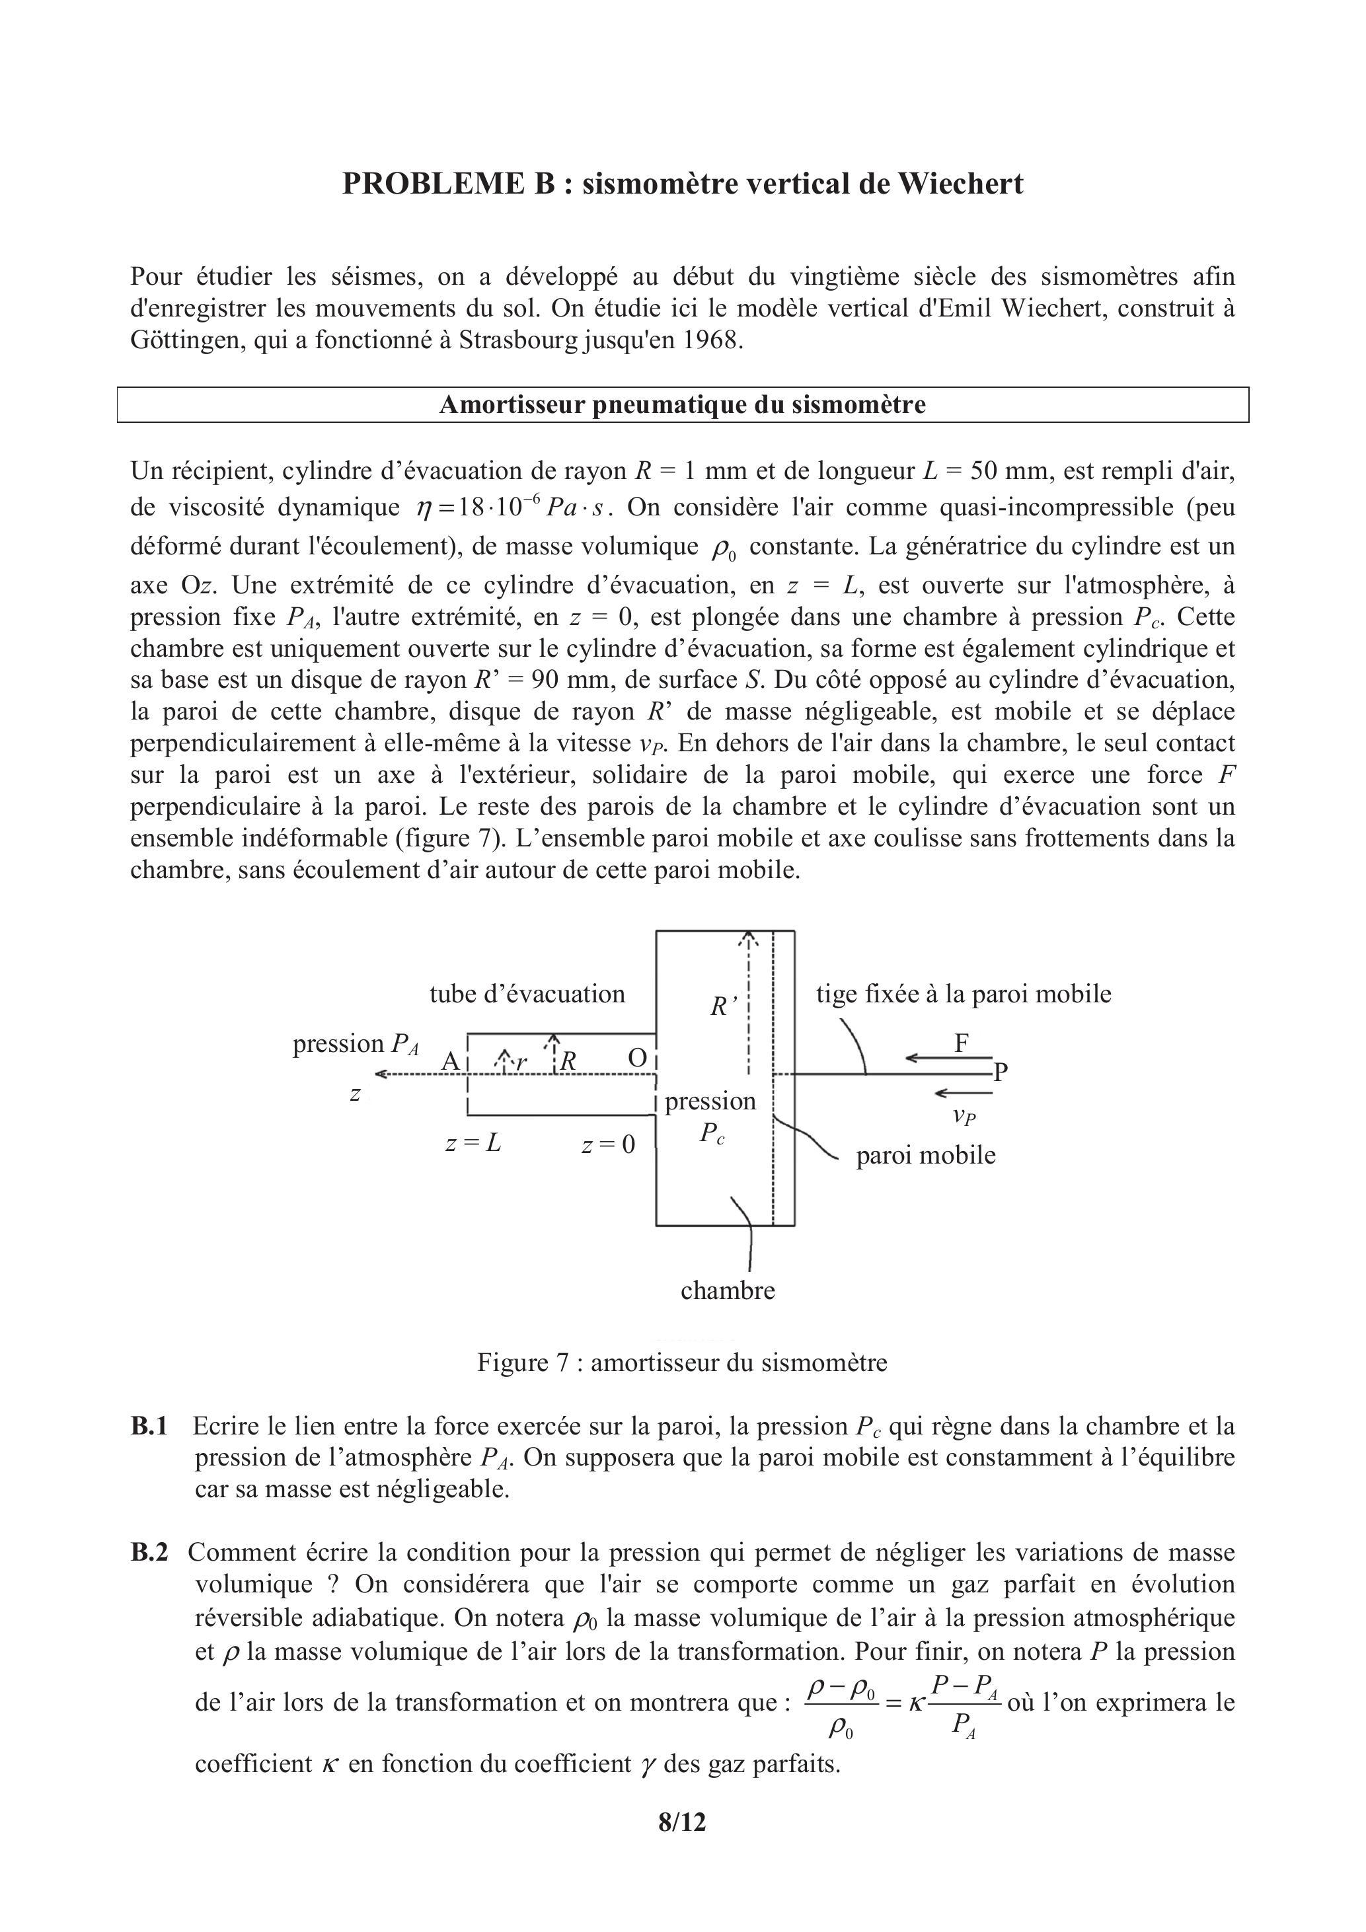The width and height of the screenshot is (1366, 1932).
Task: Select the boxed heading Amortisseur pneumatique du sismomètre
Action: pyautogui.click(x=682, y=405)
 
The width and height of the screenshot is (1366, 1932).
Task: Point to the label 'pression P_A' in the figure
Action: pyautogui.click(x=355, y=1044)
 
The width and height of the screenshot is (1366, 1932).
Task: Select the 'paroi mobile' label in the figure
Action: pyautogui.click(x=925, y=1156)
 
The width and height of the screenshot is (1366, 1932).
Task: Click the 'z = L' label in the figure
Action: pyautogui.click(x=473, y=1144)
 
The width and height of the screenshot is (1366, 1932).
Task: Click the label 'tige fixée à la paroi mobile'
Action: pyautogui.click(x=963, y=994)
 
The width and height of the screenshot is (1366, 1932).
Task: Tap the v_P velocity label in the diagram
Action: pyautogui.click(x=964, y=1117)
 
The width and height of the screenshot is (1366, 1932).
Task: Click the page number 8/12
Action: pyautogui.click(x=682, y=1822)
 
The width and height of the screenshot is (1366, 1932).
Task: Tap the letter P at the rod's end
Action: pyautogui.click(x=1000, y=1072)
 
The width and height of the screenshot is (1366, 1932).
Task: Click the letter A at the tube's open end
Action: pyautogui.click(x=450, y=1061)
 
